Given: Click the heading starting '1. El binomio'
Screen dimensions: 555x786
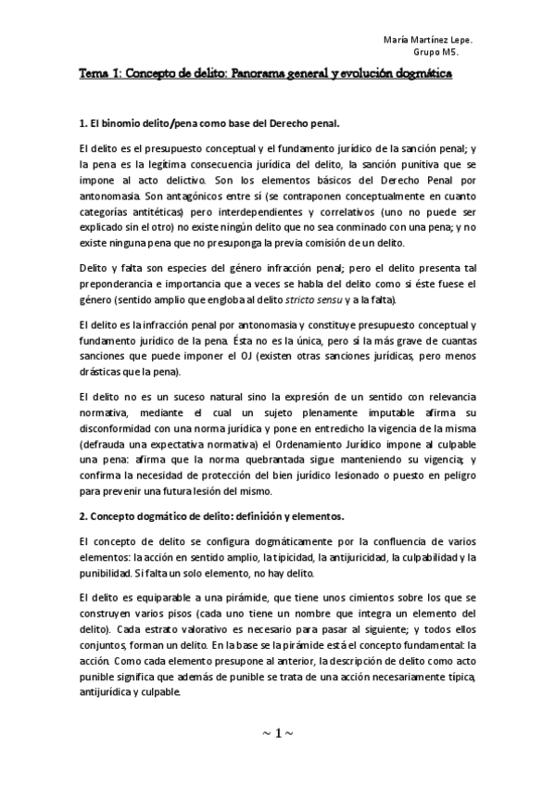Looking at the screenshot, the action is click(x=209, y=122).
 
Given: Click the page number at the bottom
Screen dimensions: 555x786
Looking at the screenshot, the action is click(x=277, y=733).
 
